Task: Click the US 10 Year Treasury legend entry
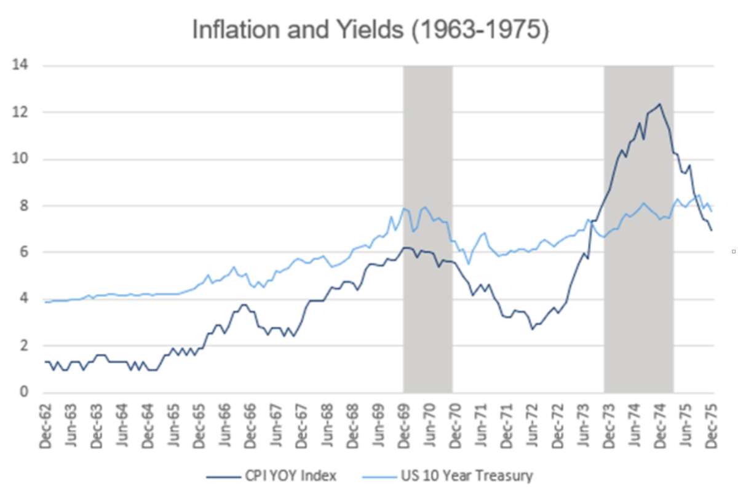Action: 466,475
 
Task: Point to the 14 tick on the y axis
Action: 25,65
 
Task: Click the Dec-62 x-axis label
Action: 46,425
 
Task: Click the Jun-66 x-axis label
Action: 225,425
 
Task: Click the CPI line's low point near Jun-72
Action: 533,329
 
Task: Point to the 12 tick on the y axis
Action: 25,112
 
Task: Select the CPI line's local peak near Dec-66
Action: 244,304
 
